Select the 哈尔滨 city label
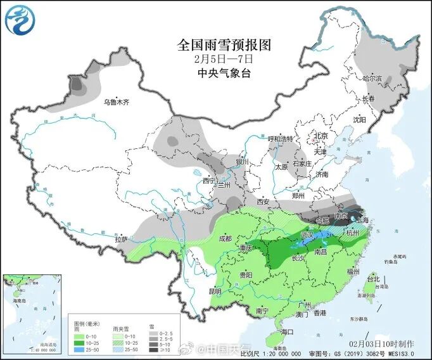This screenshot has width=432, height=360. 372,79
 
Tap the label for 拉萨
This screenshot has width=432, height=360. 122,239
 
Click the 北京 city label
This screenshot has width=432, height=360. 321,136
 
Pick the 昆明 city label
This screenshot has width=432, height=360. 215,292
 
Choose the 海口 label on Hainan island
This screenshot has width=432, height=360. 288,331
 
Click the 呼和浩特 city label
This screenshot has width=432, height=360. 281,139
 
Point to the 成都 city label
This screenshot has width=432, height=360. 225,238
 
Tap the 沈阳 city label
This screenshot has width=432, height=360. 359,119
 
